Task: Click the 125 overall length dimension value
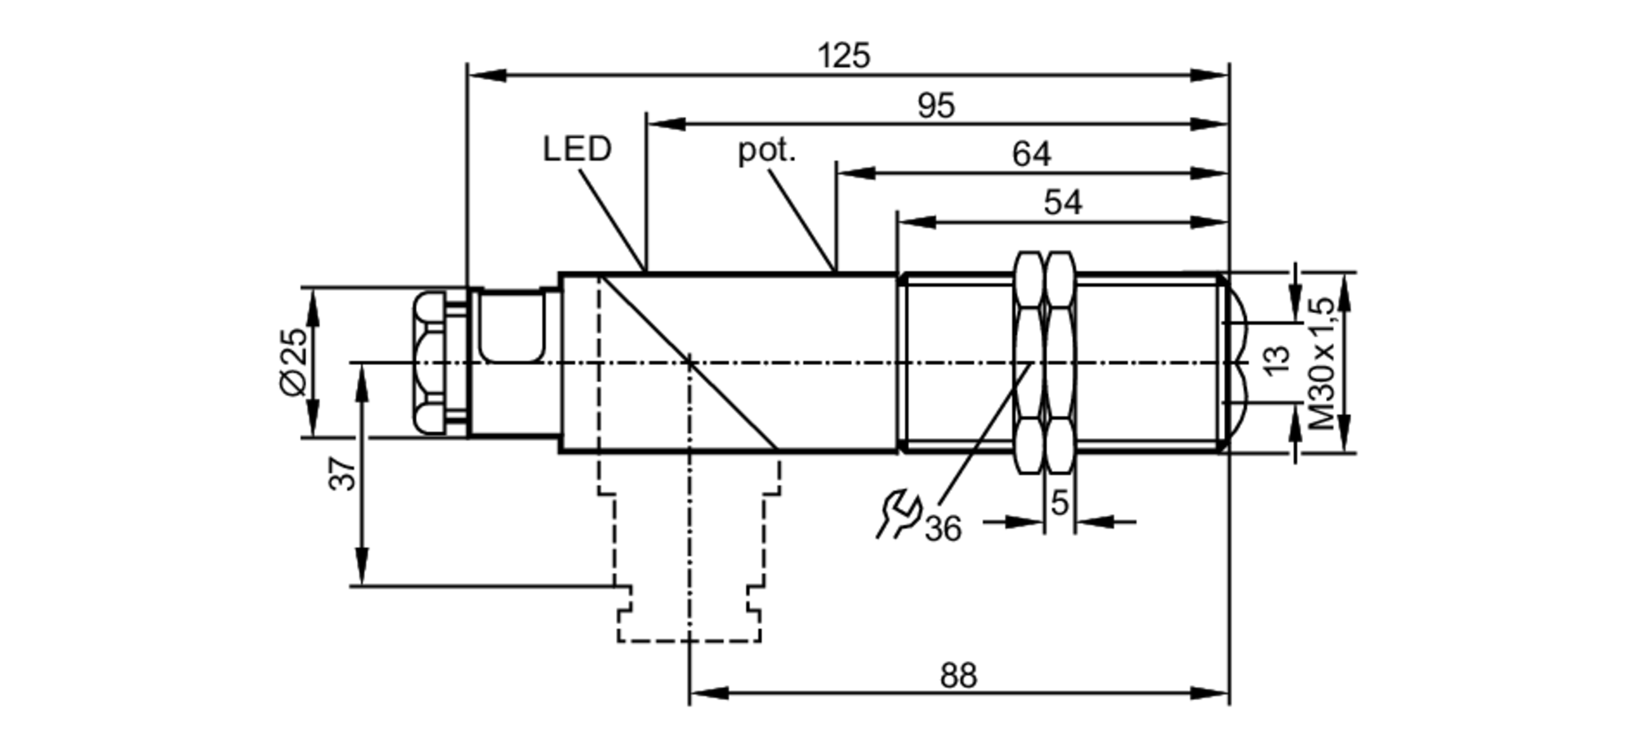(844, 56)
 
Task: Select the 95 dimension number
(935, 105)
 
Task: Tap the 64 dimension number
(1031, 154)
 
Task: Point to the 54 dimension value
(1062, 202)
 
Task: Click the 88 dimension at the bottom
(958, 676)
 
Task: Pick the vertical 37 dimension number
(343, 474)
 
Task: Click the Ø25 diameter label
(295, 361)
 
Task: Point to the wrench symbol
(898, 514)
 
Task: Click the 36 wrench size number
(943, 529)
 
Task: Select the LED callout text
(577, 149)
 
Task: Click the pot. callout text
(766, 150)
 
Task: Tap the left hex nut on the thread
(1029, 362)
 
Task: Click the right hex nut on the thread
(1060, 362)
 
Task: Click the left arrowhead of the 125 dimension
(482, 75)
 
